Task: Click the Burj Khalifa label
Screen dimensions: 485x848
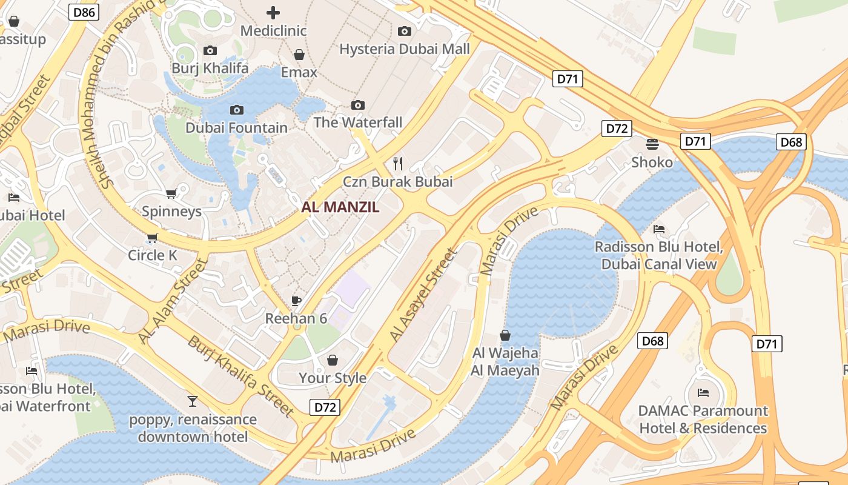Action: click(x=210, y=68)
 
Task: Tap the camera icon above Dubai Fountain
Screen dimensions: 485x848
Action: click(x=237, y=110)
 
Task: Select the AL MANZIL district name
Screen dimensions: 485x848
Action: click(x=340, y=207)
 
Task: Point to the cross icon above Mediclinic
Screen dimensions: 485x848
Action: click(x=273, y=12)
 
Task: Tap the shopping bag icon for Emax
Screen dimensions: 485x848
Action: click(x=299, y=55)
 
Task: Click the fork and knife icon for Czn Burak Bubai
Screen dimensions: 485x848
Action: click(x=398, y=163)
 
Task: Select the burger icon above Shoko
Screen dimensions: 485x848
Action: click(x=652, y=144)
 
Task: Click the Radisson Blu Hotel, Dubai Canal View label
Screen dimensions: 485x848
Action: click(x=659, y=255)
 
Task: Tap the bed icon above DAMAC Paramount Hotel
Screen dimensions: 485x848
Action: click(x=703, y=393)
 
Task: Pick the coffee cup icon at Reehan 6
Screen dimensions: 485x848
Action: click(x=296, y=301)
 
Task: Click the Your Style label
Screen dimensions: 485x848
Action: click(x=333, y=378)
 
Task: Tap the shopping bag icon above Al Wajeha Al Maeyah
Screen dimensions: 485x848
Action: click(x=505, y=335)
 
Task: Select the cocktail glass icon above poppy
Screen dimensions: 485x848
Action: click(x=193, y=401)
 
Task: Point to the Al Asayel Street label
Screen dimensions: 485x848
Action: click(x=422, y=295)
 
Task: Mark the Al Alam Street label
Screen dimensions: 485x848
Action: click(x=173, y=300)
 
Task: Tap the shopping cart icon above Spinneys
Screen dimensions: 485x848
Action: click(x=171, y=193)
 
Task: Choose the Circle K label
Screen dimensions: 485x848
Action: click(x=153, y=255)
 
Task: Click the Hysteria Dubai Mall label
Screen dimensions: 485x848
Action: click(x=405, y=49)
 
